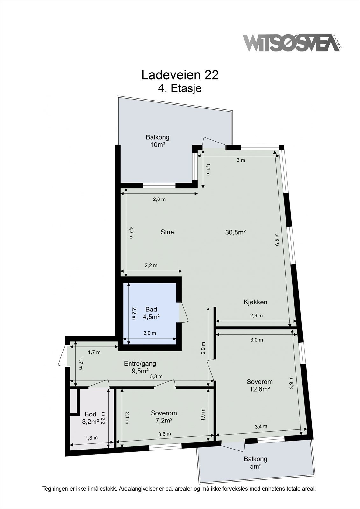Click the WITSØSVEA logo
(x=291, y=43)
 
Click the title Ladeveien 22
(x=180, y=75)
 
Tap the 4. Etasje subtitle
(x=180, y=88)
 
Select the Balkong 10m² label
(x=158, y=141)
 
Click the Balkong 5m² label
(x=255, y=463)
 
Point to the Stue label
(x=167, y=232)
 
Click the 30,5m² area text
(x=236, y=232)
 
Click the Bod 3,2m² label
(x=90, y=418)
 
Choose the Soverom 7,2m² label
(x=164, y=416)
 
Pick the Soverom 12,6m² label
(x=260, y=385)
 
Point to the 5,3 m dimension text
(x=157, y=376)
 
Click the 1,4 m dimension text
(x=208, y=169)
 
